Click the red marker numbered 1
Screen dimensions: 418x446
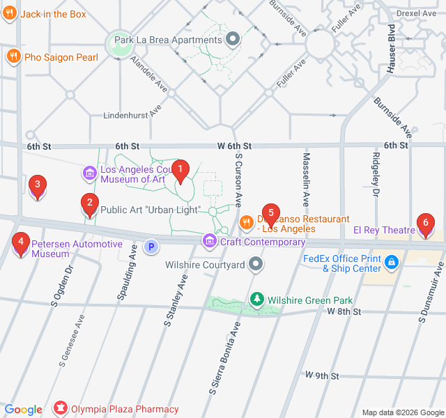180,169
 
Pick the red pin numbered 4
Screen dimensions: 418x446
21,244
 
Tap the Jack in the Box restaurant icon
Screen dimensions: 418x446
10,14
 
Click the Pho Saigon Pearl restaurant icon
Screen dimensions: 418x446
13,56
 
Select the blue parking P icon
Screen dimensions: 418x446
151,247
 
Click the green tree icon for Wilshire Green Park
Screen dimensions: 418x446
257,300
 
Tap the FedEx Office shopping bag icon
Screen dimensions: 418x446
392,263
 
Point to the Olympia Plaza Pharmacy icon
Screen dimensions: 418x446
61,409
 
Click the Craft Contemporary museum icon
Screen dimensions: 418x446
208,242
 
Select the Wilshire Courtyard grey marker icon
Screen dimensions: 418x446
256,264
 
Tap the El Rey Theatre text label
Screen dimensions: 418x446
384,230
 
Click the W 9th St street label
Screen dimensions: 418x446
321,376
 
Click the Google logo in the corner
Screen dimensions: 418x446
23,410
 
